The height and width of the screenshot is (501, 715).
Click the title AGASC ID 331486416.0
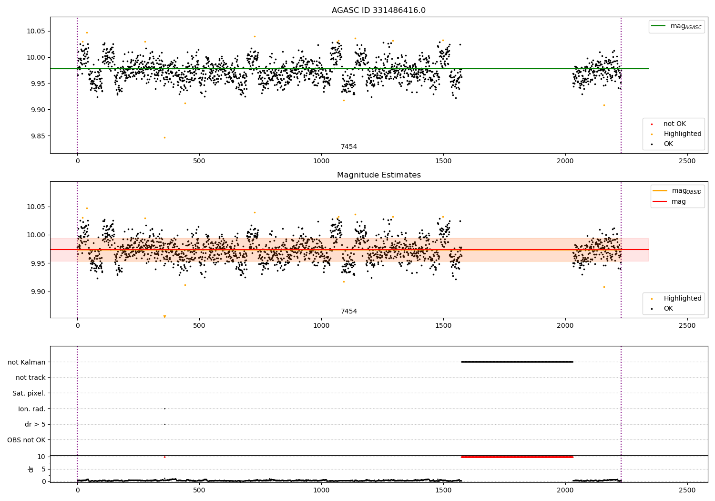click(x=378, y=10)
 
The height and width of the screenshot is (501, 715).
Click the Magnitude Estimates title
click(x=378, y=175)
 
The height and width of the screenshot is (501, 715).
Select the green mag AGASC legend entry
click(x=676, y=26)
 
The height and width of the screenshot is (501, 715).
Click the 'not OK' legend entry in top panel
click(x=674, y=124)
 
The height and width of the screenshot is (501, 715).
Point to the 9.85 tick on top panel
click(x=38, y=136)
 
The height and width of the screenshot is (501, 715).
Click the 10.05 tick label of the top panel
click(x=38, y=31)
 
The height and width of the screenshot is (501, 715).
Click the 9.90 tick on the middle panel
click(x=38, y=292)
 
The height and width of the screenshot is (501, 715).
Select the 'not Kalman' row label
click(x=26, y=362)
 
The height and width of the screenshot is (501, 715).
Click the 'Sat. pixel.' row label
click(x=29, y=394)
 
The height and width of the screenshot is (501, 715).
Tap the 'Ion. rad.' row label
click(x=31, y=409)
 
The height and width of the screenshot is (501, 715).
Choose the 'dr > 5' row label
click(x=35, y=425)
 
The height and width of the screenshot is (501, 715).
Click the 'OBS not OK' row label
click(x=26, y=440)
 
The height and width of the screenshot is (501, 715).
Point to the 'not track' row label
click(x=31, y=378)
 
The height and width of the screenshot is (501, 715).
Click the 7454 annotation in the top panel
click(x=348, y=147)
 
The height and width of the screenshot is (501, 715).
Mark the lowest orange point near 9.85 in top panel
click(x=164, y=137)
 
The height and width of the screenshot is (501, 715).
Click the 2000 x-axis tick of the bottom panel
click(x=565, y=491)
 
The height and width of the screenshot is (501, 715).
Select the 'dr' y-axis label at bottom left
click(x=31, y=469)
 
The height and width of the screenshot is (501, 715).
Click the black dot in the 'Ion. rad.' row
click(x=164, y=408)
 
